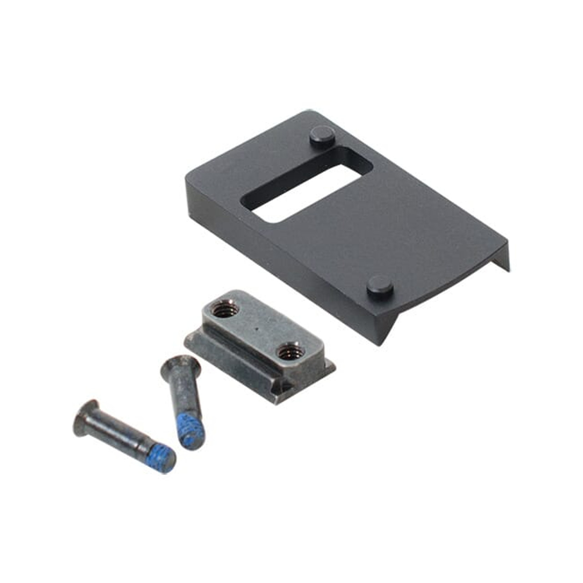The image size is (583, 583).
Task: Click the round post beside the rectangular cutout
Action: [322, 135]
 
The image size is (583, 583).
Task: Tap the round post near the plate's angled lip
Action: [380, 286]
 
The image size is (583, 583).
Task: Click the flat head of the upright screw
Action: [181, 367]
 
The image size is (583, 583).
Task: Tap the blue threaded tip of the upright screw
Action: [189, 435]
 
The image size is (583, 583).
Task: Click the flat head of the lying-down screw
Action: [85, 417]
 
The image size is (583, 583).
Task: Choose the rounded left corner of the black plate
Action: [191, 175]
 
